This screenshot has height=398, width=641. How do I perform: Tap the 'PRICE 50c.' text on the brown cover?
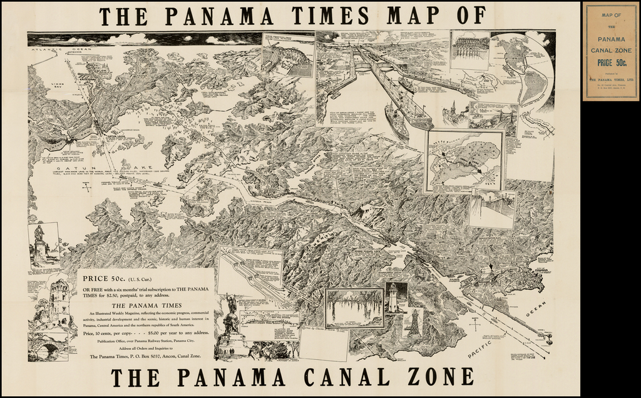coord(611,62)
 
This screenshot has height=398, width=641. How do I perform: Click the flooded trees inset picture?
coord(354,307)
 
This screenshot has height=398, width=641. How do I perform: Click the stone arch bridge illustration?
coord(48,348)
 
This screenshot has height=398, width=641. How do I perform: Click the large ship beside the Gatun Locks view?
coord(396,119)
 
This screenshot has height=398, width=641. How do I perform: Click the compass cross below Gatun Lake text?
coord(87,186)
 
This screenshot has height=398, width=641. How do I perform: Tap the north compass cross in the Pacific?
coord(476,324)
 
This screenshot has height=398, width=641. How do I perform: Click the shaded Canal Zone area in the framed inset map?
coord(466,159)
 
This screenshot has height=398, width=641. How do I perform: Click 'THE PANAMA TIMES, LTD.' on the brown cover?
coord(611,80)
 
